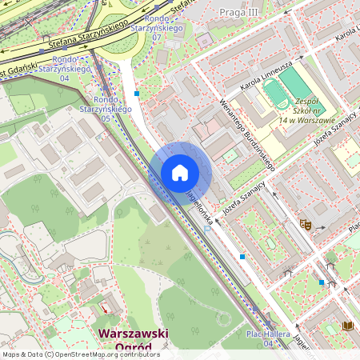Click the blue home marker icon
click(x=180, y=173)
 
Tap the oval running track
click(x=278, y=94)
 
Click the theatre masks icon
click(x=305, y=225)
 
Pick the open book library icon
click(x=347, y=326)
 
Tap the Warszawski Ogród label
click(x=132, y=340)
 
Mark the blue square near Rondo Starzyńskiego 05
click(x=137, y=94)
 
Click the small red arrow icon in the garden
click(x=105, y=307)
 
